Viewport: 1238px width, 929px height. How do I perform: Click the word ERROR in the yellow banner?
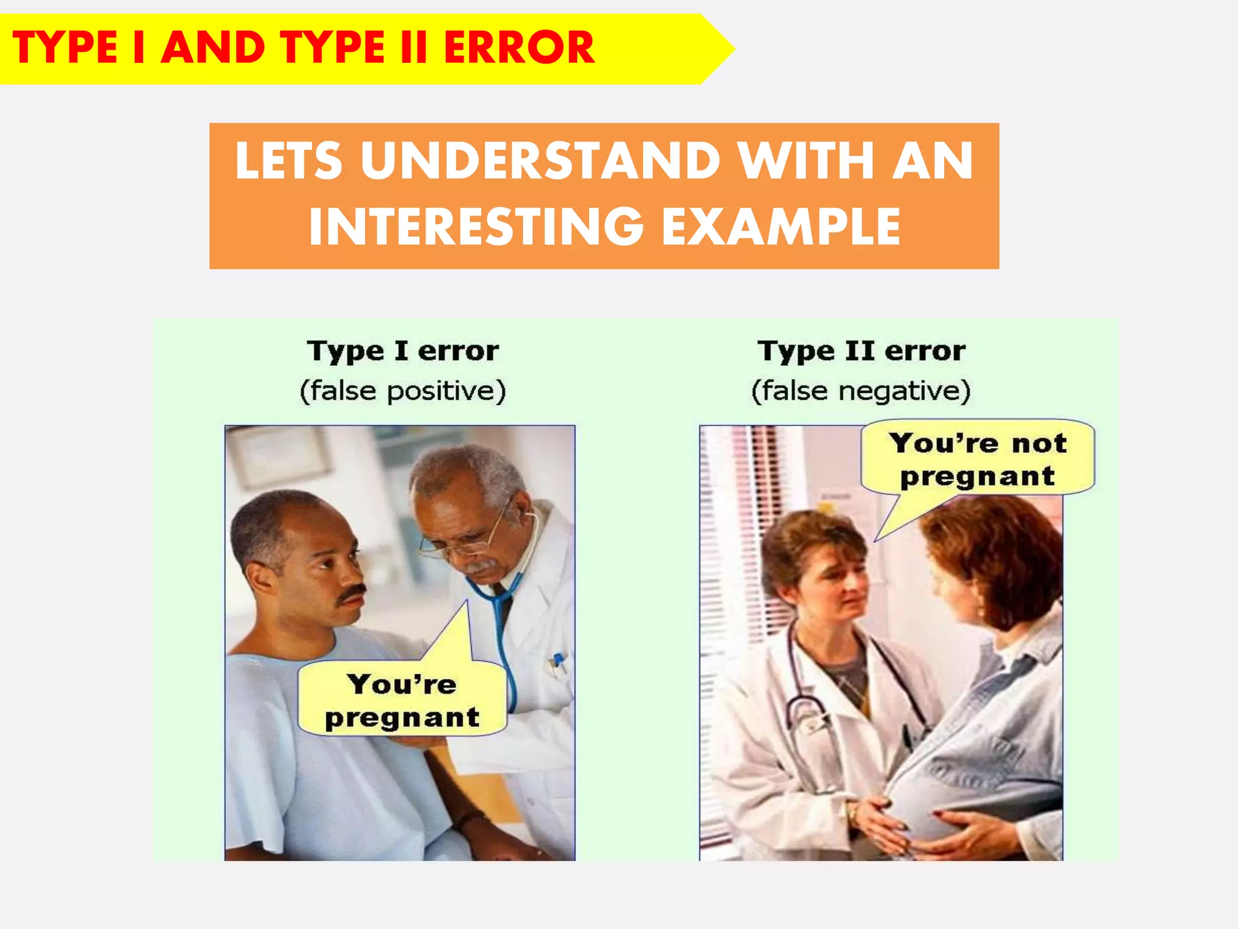point(519,48)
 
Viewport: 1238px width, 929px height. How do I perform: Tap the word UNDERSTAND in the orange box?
point(540,161)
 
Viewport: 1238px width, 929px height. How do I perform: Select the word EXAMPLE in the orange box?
point(780,227)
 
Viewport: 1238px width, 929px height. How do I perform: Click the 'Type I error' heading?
point(403,351)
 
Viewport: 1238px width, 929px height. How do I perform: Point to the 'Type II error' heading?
point(861,351)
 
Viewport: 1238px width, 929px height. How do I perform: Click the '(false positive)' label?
point(403,391)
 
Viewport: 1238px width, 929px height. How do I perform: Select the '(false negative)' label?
point(861,391)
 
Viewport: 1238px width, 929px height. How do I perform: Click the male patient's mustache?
point(352,592)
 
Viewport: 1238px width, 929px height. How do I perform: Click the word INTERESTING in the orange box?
point(476,227)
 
